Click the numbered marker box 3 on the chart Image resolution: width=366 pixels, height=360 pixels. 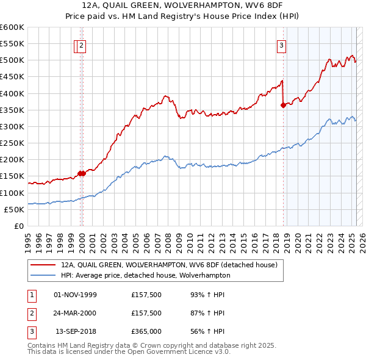pyautogui.click(x=282, y=45)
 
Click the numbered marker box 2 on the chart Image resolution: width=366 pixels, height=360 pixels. pyautogui.click(x=81, y=45)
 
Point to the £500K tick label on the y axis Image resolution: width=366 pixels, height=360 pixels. pyautogui.click(x=12, y=60)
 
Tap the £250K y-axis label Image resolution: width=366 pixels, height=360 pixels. pyautogui.click(x=12, y=143)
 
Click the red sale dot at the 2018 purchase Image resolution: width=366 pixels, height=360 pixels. pyautogui.click(x=283, y=106)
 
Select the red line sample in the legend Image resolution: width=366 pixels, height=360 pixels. pyautogui.click(x=43, y=265)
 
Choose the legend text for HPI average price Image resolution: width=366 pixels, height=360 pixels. pyautogui.click(x=145, y=275)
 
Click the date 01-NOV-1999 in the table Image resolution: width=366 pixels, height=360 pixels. pyautogui.click(x=76, y=295)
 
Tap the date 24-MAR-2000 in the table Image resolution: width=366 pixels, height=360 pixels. pyautogui.click(x=76, y=313)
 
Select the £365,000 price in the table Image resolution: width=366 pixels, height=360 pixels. pyautogui.click(x=146, y=331)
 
